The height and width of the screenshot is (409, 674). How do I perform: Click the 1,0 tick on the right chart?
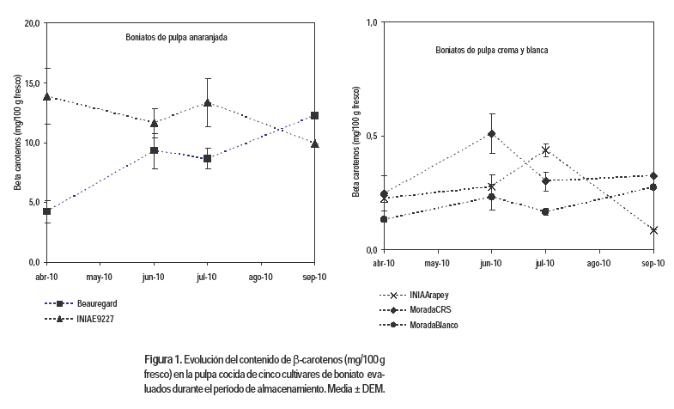pos(371,23)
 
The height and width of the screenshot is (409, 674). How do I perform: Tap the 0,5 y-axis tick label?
pos(371,136)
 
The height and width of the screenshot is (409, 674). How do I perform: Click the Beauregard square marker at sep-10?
pos(315,115)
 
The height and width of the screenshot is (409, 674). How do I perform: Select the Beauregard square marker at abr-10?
pos(47,211)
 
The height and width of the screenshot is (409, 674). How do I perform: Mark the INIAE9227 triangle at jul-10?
pos(208,103)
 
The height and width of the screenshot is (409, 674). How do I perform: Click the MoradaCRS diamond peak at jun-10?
pos(491,133)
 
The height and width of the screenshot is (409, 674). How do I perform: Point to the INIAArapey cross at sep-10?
pos(654,230)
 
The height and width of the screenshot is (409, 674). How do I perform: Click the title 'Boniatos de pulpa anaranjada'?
pos(172,38)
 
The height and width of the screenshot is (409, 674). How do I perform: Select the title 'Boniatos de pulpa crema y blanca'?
pos(491,51)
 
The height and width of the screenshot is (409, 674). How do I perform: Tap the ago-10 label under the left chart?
pos(261,277)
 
